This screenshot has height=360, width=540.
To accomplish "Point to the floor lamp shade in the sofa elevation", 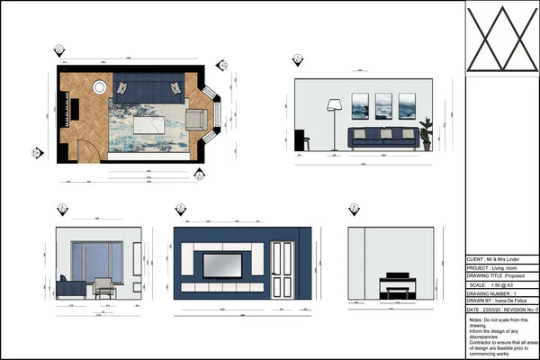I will pyautogui.click(x=333, y=104).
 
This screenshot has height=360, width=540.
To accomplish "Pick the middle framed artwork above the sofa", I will pyautogui.click(x=382, y=106).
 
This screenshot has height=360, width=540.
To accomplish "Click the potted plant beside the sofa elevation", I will pyautogui.click(x=426, y=133).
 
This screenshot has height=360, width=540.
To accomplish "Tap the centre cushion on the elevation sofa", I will pyautogui.click(x=383, y=133).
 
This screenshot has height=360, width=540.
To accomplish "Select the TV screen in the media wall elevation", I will pyautogui.click(x=221, y=265).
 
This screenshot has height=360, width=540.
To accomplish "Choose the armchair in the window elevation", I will pyautogui.click(x=104, y=287).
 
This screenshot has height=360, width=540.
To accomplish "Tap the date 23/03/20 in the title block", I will pyautogui.click(x=496, y=310).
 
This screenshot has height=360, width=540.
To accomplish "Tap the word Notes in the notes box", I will pyautogui.click(x=476, y=320).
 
